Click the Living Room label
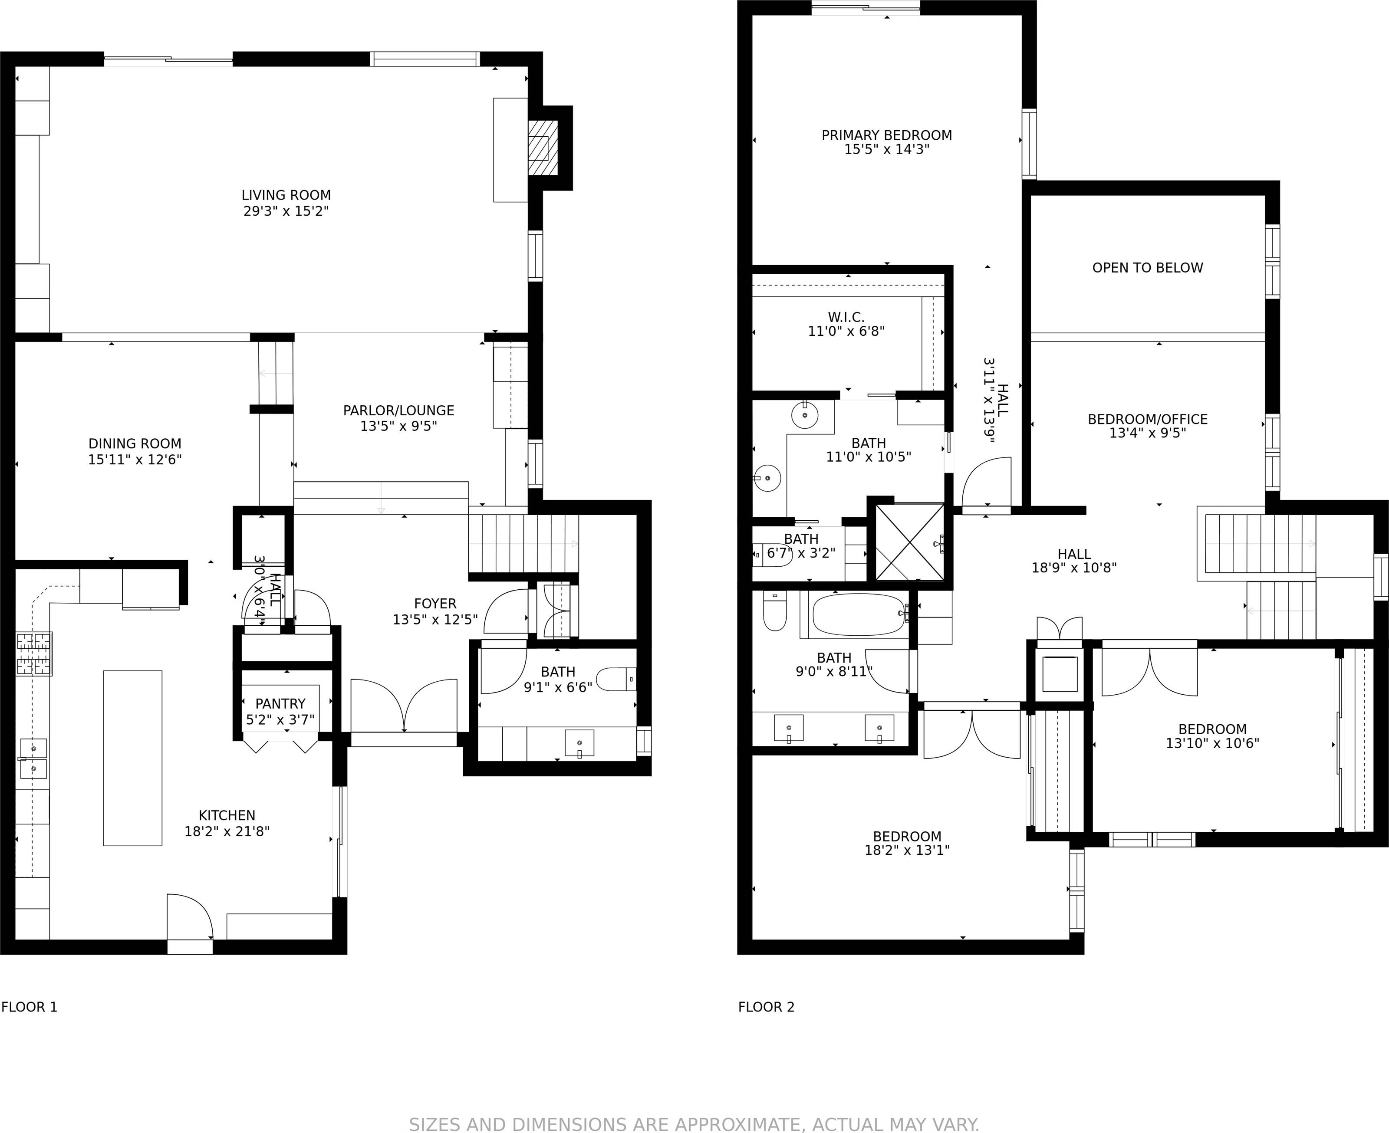pyautogui.click(x=286, y=195)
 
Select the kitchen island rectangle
pyautogui.click(x=132, y=758)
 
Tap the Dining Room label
pyautogui.click(x=135, y=444)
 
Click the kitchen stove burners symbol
pyautogui.click(x=34, y=654)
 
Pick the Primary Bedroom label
pyautogui.click(x=886, y=135)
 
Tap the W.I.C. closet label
pyautogui.click(x=846, y=317)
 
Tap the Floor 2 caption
pyautogui.click(x=766, y=1007)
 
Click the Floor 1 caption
pyautogui.click(x=30, y=1007)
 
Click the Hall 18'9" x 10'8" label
pyautogui.click(x=1074, y=555)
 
